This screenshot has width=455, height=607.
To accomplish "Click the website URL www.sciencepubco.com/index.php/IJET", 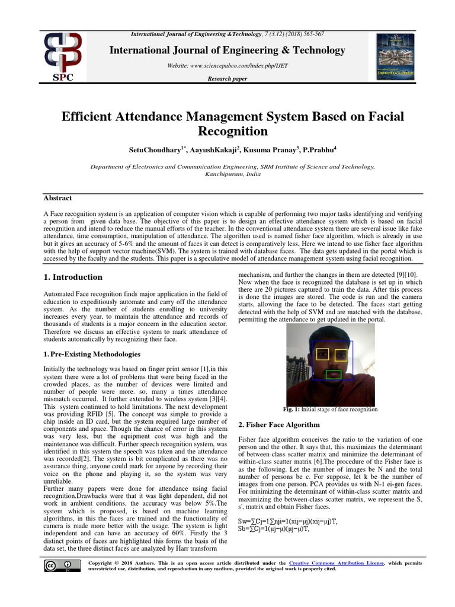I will (x=227, y=65).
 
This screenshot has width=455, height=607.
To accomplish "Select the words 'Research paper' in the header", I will (x=227, y=79).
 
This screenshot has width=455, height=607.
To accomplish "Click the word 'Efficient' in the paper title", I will (x=88, y=117).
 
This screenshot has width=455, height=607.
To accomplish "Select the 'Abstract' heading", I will (x=57, y=198).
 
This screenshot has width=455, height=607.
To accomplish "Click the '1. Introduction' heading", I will (x=73, y=277).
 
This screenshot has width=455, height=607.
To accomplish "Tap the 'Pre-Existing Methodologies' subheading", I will (x=95, y=354).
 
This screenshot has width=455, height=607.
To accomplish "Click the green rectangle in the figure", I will (x=334, y=374).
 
